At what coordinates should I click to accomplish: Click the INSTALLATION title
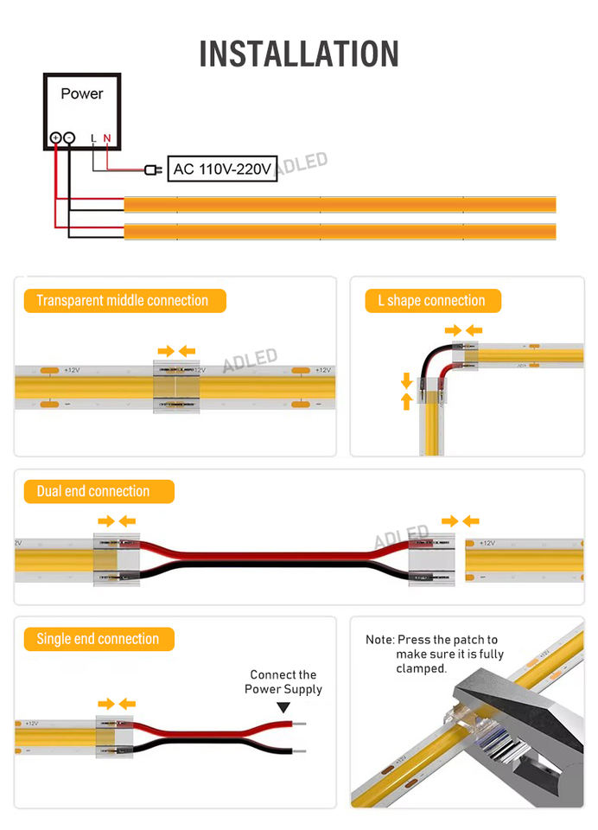[299, 54]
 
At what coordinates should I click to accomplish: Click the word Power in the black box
[81, 93]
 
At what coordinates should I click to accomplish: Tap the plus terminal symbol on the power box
[55, 137]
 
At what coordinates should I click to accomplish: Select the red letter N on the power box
[107, 137]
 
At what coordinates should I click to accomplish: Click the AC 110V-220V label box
[222, 169]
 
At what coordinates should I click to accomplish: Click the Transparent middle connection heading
[123, 301]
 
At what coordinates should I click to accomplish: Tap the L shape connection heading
[431, 301]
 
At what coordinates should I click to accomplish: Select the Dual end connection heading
[93, 491]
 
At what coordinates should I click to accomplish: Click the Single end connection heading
[98, 639]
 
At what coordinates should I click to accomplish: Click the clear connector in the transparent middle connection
[175, 386]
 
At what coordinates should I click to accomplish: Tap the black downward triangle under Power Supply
[283, 707]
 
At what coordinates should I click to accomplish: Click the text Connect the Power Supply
[283, 681]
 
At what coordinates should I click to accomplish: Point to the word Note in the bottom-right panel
[379, 640]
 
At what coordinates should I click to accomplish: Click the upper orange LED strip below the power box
[340, 205]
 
